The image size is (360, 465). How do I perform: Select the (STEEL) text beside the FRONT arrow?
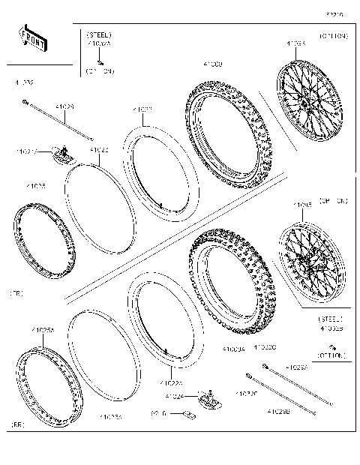coord(99,35)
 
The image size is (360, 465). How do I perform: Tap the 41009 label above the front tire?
coord(212,66)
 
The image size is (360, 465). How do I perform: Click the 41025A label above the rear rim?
coord(43,330)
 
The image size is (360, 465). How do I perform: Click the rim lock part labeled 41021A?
coord(62,156)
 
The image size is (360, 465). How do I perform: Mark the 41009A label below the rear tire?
coord(234,349)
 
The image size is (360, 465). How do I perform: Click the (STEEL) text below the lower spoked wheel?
coord(331,319)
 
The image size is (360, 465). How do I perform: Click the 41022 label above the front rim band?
coord(99,150)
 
